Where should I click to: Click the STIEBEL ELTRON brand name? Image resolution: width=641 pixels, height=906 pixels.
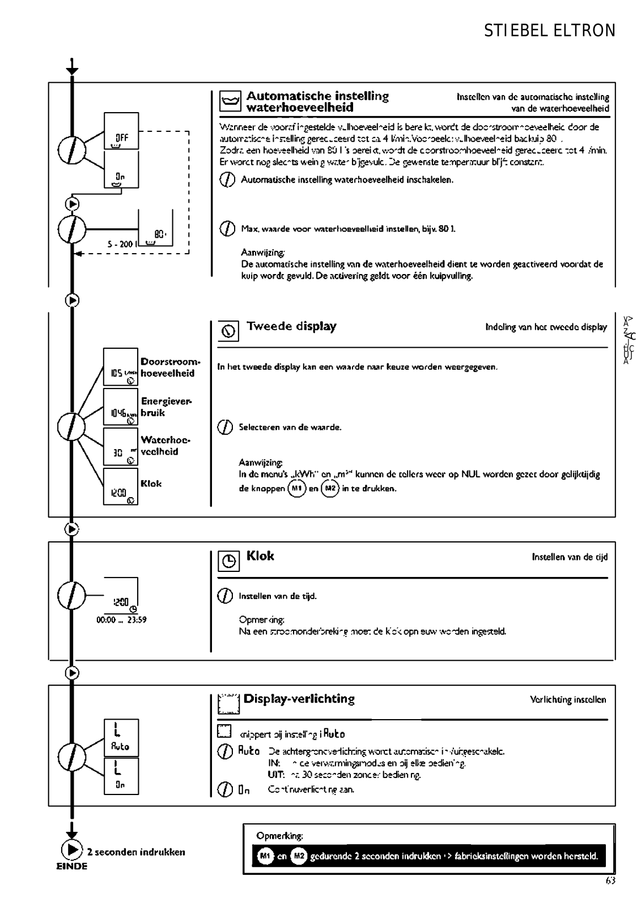[x=549, y=31]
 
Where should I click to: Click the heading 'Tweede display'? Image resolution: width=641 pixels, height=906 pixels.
[x=291, y=326]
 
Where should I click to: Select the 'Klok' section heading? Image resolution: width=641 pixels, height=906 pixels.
[x=260, y=556]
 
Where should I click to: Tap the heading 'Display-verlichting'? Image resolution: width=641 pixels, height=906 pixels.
[x=299, y=699]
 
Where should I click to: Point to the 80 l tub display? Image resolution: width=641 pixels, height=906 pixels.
[x=155, y=229]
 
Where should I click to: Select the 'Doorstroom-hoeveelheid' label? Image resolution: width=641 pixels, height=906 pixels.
[x=170, y=367]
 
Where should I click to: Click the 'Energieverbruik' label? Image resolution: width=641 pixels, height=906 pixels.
[x=167, y=407]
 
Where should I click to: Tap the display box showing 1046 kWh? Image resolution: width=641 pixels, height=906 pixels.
[x=121, y=407]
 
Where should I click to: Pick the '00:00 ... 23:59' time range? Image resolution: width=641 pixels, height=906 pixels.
[x=121, y=620]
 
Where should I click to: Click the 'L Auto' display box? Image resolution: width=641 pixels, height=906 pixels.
[x=121, y=737]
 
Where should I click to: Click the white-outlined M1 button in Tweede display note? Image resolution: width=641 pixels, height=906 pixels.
[x=297, y=488]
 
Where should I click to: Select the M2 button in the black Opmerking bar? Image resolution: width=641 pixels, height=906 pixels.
[x=299, y=856]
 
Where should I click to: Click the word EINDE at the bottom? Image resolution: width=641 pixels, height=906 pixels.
[x=72, y=866]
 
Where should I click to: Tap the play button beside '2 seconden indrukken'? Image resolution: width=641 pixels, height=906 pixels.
[x=72, y=851]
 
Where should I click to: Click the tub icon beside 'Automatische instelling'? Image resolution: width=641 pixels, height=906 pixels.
[x=230, y=102]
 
